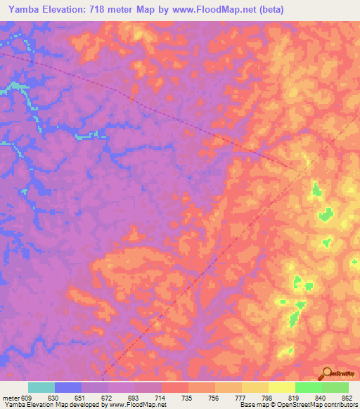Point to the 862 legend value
tap(347, 397)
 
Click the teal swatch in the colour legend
tap(41, 387)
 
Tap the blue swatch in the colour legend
tap(68, 387)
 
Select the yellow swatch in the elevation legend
tap(281, 387)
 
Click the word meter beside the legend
tap(11, 397)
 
